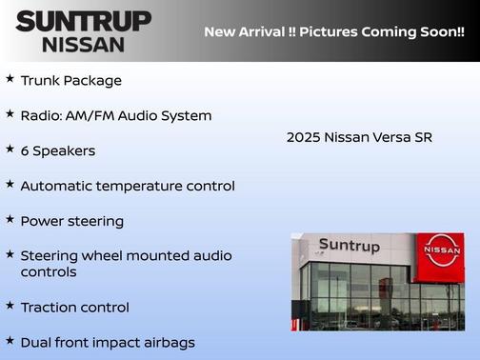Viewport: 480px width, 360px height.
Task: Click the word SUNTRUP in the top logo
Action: tap(83, 21)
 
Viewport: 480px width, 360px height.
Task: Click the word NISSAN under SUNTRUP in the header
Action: tap(83, 44)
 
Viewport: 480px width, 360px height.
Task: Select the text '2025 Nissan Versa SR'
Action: tap(359, 137)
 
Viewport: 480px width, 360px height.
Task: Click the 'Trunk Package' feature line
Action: tap(70, 81)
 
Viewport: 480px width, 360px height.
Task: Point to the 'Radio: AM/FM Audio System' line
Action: tap(115, 115)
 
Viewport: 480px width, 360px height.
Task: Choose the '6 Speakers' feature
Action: tap(57, 150)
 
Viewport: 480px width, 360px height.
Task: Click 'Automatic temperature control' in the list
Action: tap(127, 186)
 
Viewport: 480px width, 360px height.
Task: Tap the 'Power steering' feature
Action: tap(71, 221)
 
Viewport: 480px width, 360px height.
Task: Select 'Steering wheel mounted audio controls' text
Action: tap(126, 264)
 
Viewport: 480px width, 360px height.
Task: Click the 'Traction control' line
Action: tap(74, 308)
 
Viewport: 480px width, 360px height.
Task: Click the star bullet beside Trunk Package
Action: tap(10, 79)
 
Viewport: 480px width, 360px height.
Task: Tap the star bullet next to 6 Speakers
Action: tap(10, 149)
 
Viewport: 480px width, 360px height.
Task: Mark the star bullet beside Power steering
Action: tap(10, 219)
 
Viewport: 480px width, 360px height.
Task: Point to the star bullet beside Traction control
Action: tap(10, 306)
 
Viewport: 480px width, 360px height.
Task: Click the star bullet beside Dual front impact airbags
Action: tap(10, 340)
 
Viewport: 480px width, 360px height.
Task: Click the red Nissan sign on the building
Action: tap(441, 251)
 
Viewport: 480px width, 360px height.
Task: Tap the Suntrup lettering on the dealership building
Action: tap(349, 246)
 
